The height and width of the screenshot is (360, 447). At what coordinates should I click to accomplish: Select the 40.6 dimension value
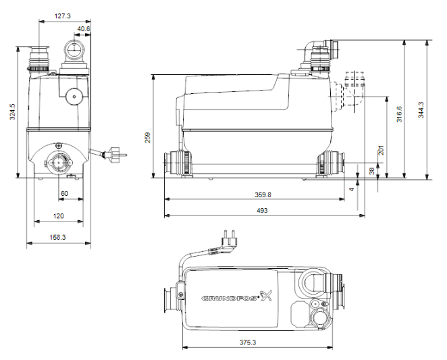[84, 29]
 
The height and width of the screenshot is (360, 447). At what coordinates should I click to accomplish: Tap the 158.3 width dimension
[58, 237]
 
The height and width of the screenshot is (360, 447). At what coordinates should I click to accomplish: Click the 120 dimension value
[58, 216]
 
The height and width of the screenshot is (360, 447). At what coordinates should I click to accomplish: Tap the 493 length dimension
[262, 211]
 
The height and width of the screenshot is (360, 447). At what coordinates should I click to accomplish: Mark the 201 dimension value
[381, 150]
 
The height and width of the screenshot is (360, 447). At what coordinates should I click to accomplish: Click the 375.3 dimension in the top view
[259, 342]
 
